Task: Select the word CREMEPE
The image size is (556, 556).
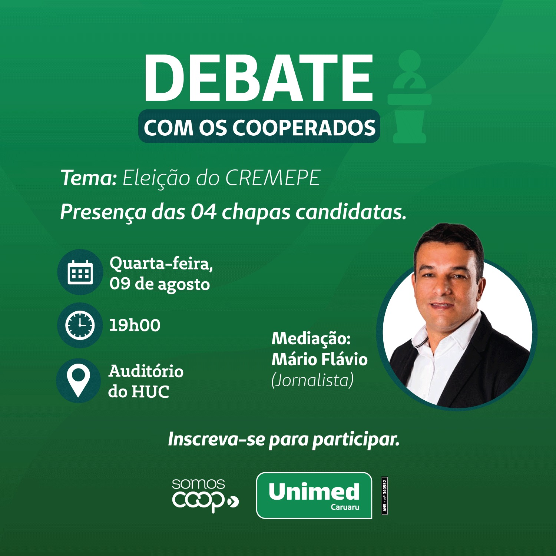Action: [273, 178]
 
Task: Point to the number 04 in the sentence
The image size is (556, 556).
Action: [203, 212]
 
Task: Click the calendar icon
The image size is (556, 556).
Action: [80, 272]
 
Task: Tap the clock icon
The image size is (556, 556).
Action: [80, 325]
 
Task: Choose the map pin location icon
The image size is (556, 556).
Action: [79, 380]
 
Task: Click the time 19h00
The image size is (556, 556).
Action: [135, 325]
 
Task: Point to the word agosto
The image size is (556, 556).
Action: [184, 285]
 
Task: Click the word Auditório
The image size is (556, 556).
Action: [146, 371]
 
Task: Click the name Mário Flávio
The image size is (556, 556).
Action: [320, 359]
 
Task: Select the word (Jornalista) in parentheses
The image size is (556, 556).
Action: [312, 380]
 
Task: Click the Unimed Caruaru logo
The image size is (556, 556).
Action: [314, 495]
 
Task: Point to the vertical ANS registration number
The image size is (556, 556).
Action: [384, 496]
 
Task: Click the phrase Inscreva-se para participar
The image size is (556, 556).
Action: [284, 439]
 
